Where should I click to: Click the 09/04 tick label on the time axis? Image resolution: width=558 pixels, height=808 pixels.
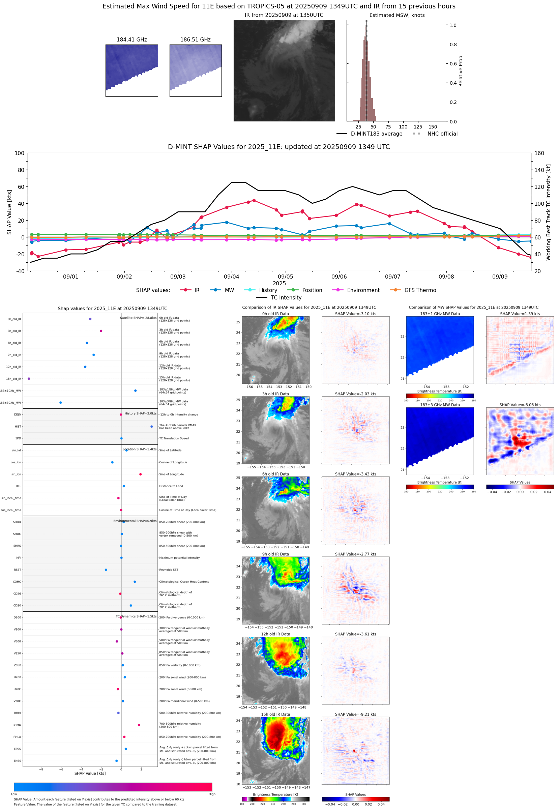(x=231, y=277)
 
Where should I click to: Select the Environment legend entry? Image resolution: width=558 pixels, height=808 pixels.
(x=363, y=290)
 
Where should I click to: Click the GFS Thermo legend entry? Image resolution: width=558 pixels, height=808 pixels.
(x=420, y=290)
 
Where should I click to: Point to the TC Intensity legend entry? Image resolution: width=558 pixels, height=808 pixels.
(x=286, y=297)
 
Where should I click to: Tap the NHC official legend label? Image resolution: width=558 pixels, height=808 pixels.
(x=442, y=134)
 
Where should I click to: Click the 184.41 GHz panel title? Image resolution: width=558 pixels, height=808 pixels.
(x=131, y=39)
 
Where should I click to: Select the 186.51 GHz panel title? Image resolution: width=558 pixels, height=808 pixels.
(x=195, y=39)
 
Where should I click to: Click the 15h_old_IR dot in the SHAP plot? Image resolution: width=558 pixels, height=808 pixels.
(x=29, y=379)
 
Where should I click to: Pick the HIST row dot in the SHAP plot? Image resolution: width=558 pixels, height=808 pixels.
(x=151, y=427)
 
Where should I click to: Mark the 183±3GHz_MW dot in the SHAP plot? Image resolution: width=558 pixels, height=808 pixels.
(x=60, y=402)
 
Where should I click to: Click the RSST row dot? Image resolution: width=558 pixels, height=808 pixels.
(x=106, y=570)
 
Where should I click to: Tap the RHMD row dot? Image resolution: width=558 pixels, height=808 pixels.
(x=139, y=725)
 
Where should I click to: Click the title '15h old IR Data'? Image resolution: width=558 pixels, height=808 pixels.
(x=275, y=714)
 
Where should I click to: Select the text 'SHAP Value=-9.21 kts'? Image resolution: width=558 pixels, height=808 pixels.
(x=355, y=714)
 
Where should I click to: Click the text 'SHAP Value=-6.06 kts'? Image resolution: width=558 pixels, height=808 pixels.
(x=520, y=405)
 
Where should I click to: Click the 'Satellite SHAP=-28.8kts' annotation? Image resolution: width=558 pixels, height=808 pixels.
(x=138, y=318)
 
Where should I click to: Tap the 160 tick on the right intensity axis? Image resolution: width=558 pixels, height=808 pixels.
(x=539, y=153)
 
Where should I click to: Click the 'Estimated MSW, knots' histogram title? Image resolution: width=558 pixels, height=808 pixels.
(x=397, y=15)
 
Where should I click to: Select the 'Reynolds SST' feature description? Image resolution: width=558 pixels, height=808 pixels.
(x=169, y=570)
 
